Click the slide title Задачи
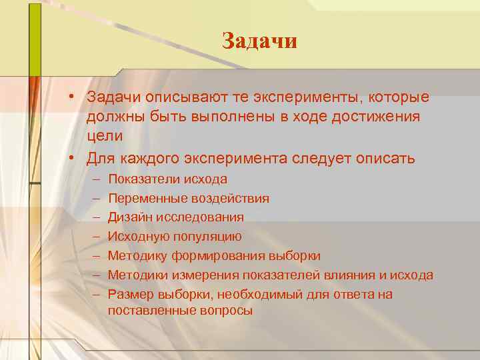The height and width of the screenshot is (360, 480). (x=259, y=41)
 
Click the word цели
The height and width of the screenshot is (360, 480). (x=105, y=136)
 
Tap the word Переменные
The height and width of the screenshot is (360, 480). (x=141, y=198)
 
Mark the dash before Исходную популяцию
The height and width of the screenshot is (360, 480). (x=97, y=237)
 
